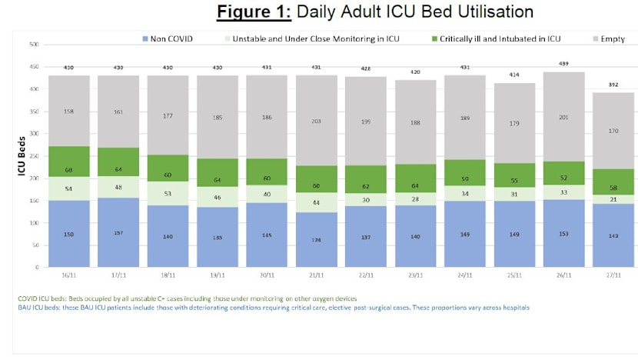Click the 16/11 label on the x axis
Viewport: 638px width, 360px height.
coord(68,275)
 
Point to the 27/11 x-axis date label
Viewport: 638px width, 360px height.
coord(613,275)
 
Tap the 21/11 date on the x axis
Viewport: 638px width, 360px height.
coord(316,275)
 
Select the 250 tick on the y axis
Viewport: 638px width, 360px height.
coord(34,155)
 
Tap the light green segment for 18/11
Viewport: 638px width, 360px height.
coord(168,194)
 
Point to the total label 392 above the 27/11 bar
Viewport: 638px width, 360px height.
coord(613,85)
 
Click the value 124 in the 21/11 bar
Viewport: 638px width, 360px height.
coord(316,239)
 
